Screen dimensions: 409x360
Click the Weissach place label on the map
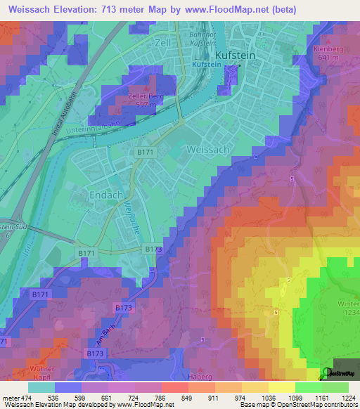[x=208, y=150]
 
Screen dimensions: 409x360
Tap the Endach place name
[x=107, y=194]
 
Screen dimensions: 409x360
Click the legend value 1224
[x=341, y=398]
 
